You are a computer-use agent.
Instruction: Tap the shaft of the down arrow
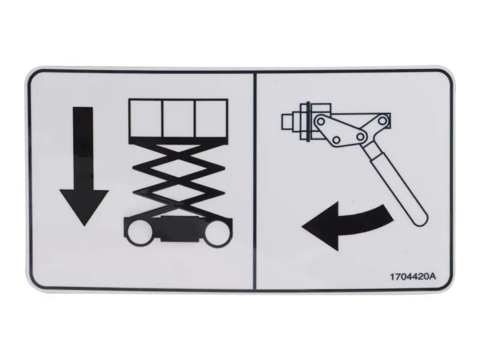[84, 147]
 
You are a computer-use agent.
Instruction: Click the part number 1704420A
[412, 277]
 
